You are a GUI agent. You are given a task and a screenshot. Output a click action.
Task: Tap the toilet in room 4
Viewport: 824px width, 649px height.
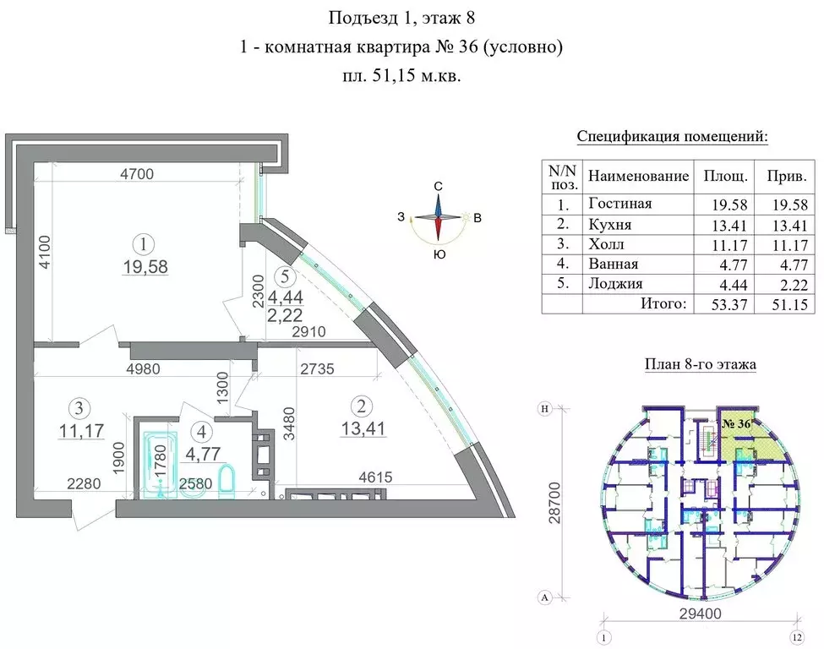pos(226,481)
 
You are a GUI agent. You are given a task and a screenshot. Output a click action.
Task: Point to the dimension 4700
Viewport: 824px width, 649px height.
pos(137,175)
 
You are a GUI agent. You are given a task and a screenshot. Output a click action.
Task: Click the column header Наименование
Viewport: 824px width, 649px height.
pos(638,177)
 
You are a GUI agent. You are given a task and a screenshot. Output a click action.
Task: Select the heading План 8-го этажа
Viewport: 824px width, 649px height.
pos(699,365)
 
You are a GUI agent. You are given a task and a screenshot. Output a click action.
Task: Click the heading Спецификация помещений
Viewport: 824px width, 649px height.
pos(673,136)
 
